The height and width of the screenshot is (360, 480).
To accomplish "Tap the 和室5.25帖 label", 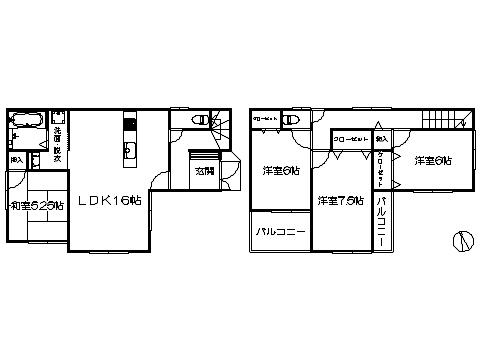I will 36,206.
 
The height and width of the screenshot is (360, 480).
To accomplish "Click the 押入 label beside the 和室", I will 17,159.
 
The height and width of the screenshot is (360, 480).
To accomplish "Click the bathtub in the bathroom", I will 25,121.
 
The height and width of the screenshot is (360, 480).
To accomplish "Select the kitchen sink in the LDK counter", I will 129,153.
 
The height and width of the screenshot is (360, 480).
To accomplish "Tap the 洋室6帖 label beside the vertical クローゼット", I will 431,160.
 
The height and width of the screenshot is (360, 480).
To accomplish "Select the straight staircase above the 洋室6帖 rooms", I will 444,118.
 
